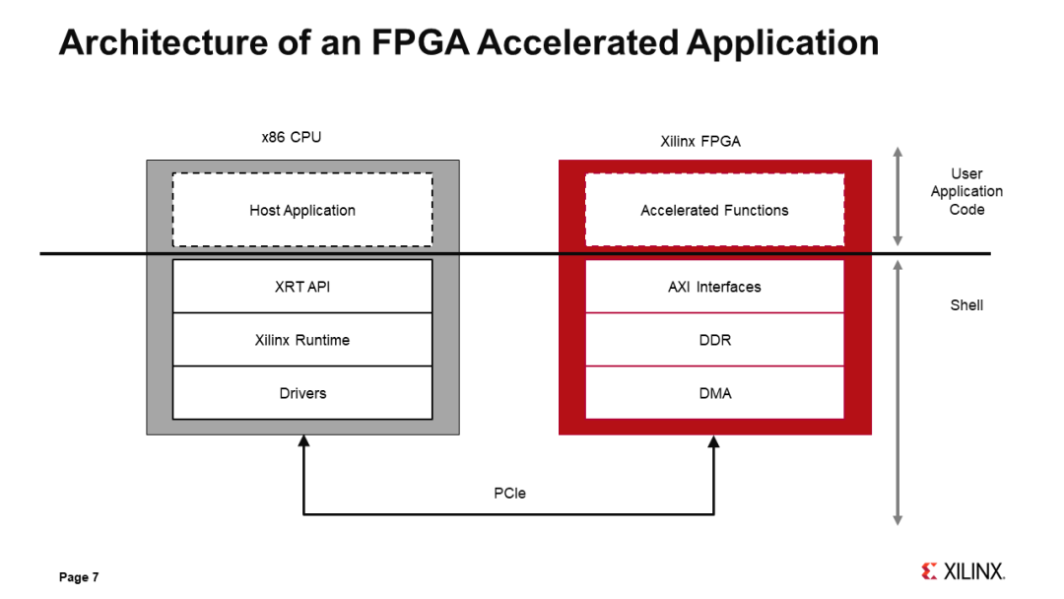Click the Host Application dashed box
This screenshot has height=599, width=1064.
(302, 210)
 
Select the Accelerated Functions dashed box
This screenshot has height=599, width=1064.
(714, 210)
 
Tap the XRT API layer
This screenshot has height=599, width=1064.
(302, 287)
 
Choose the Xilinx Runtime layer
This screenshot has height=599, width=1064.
(302, 340)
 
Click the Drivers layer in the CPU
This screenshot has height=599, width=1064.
(302, 393)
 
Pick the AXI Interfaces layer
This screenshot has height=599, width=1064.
(714, 287)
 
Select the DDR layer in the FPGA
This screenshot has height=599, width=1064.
(714, 340)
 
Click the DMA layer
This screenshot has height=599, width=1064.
(714, 393)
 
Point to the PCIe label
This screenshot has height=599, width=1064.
(509, 493)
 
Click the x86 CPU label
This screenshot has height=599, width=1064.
(291, 137)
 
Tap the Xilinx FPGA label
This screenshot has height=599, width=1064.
(699, 141)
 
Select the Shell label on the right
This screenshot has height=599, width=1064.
(965, 305)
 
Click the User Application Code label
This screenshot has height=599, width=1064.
(966, 191)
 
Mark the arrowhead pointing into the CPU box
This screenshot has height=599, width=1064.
(303, 442)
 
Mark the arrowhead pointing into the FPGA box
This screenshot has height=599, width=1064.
(714, 442)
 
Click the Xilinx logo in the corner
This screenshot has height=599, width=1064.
(963, 571)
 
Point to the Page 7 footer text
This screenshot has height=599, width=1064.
(79, 577)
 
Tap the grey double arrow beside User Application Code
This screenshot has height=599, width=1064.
(897, 197)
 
